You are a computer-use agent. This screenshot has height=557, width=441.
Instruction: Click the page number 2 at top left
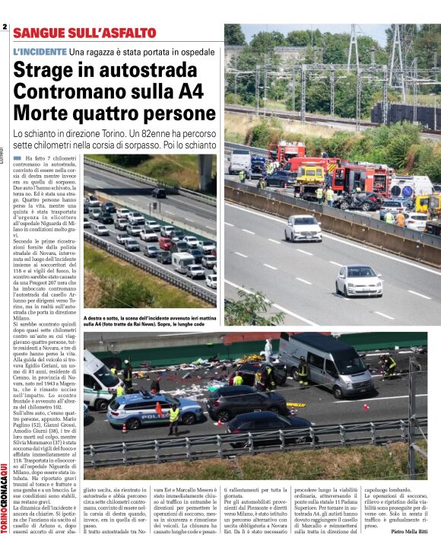[5, 28]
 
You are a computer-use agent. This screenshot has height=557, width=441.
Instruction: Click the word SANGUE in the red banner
[42, 33]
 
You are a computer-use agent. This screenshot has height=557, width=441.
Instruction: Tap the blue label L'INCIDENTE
[40, 51]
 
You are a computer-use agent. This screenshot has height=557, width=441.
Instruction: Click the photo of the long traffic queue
[149, 228]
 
